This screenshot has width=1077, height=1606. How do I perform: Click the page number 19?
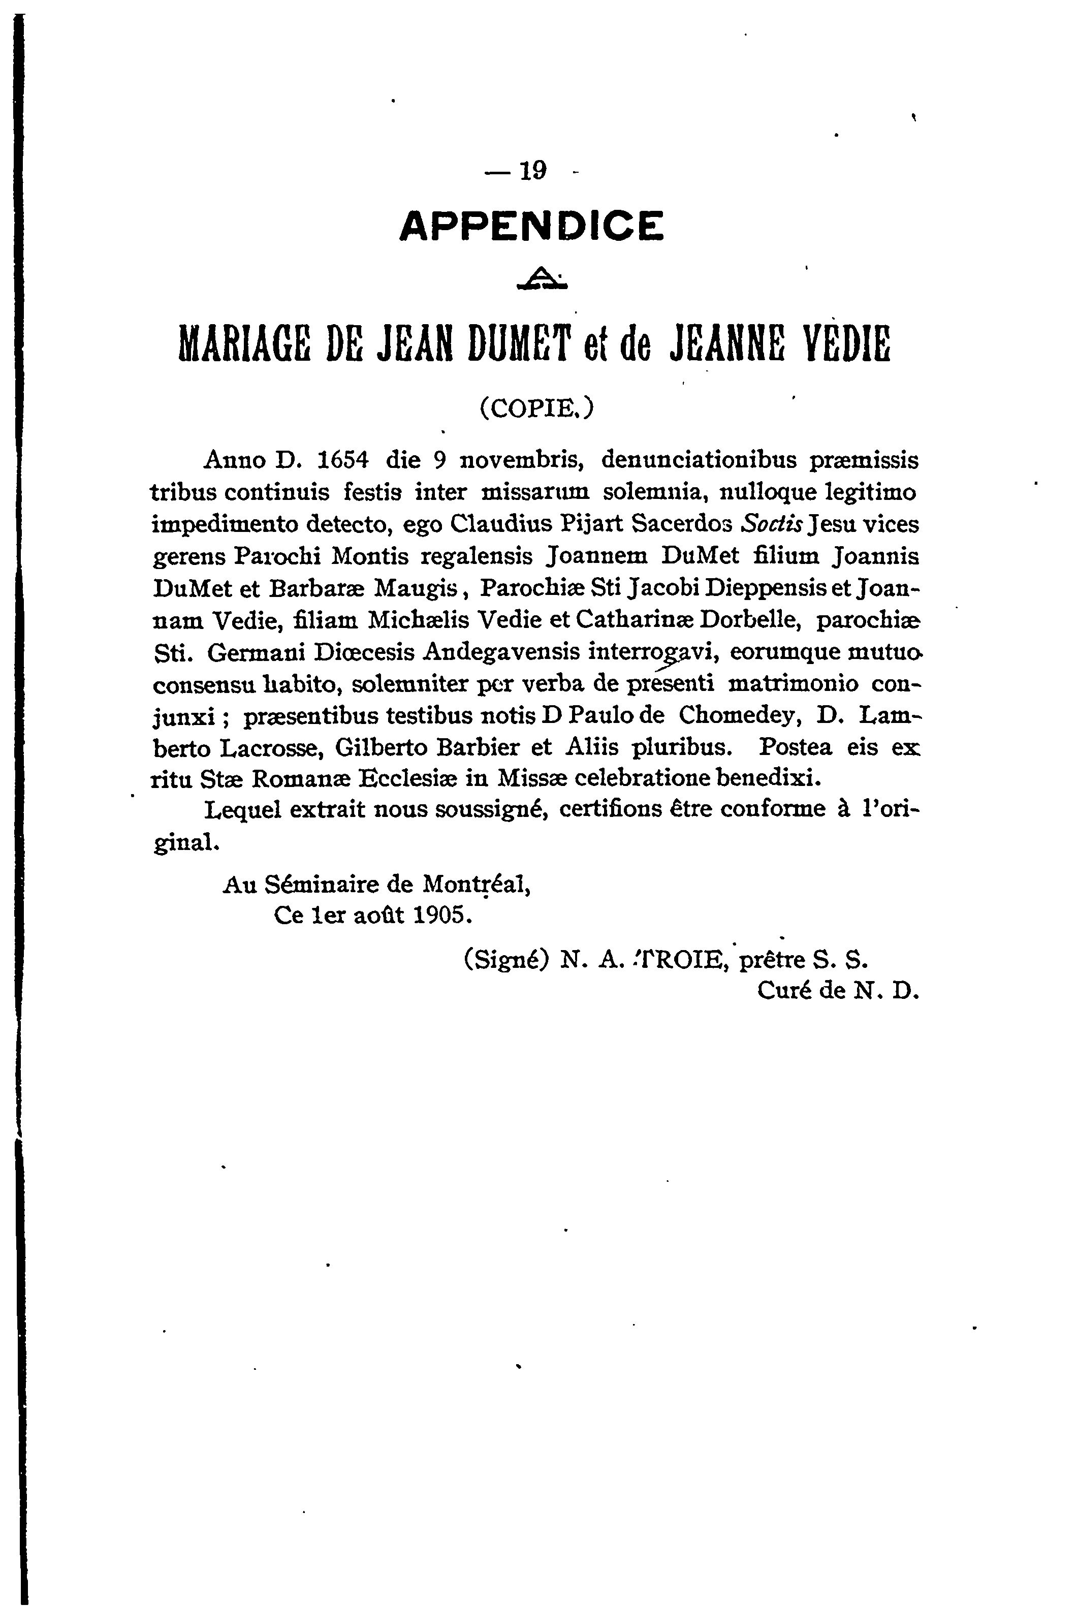click(532, 170)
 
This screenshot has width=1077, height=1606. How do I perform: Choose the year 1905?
click(441, 915)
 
